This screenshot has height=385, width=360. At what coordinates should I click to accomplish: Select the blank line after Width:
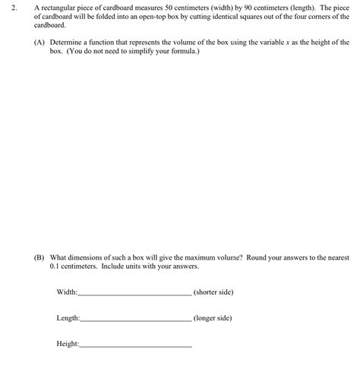[x=135, y=293]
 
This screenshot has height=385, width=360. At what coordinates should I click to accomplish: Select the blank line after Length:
[x=136, y=319]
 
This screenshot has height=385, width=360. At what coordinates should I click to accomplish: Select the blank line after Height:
[x=136, y=345]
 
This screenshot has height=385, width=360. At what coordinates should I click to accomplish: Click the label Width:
[x=68, y=292]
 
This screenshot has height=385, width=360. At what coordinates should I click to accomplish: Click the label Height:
[x=68, y=344]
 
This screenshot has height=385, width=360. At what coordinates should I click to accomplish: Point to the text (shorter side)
[x=213, y=292]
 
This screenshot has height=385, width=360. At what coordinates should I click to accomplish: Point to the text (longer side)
[x=213, y=318]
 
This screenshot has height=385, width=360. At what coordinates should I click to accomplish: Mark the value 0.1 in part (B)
[x=55, y=267]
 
